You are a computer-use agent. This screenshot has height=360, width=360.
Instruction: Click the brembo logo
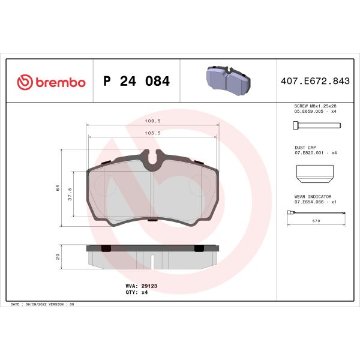(50, 82)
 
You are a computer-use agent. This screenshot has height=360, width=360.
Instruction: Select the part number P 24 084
(136, 82)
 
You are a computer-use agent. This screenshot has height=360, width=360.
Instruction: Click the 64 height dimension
(57, 188)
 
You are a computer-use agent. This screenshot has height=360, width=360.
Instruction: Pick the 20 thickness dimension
(57, 256)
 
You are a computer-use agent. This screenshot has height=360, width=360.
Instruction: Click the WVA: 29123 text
(141, 287)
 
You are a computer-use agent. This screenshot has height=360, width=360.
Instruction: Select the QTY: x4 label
(137, 293)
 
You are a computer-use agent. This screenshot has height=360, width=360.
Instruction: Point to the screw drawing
(316, 125)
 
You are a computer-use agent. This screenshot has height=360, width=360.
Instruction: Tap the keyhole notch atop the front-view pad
(155, 161)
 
